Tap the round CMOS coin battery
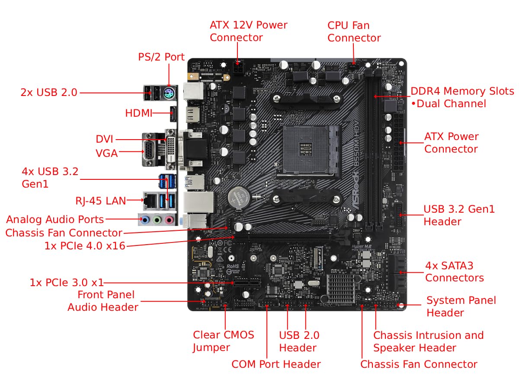pos(237,198)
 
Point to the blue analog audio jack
pos(146,220)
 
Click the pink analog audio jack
pos(169,220)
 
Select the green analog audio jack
pos(157,220)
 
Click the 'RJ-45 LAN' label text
pos(101,201)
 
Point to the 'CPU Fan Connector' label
pos(354,32)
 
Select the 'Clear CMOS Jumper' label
pos(223,341)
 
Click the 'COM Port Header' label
pos(276,364)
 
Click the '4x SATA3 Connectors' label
pos(454,271)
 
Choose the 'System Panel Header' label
pos(461,306)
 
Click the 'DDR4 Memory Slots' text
pos(462,91)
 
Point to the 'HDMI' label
pos(138,113)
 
